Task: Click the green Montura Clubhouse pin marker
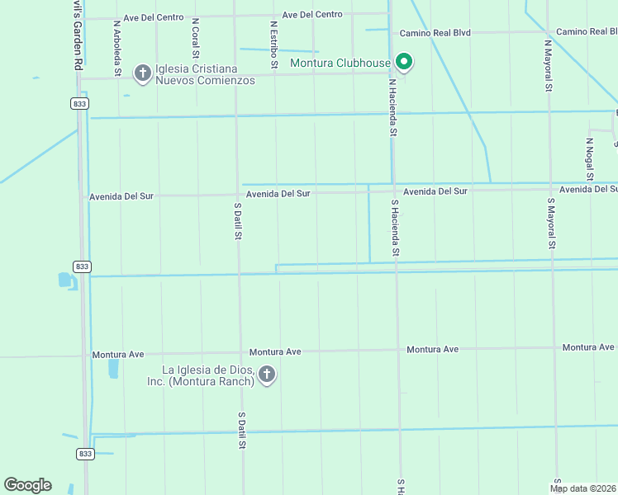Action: tap(404, 61)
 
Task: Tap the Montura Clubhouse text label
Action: tap(340, 63)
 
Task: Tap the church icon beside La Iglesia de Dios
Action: tap(266, 375)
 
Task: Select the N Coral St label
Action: tap(195, 38)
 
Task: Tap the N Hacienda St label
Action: tap(394, 107)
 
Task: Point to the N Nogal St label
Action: tap(589, 158)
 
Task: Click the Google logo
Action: tap(27, 485)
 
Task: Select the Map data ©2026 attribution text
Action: tap(583, 488)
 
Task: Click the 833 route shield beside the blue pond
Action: tap(81, 266)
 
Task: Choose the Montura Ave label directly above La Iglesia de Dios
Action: tap(275, 351)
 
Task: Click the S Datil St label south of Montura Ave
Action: tap(242, 431)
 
